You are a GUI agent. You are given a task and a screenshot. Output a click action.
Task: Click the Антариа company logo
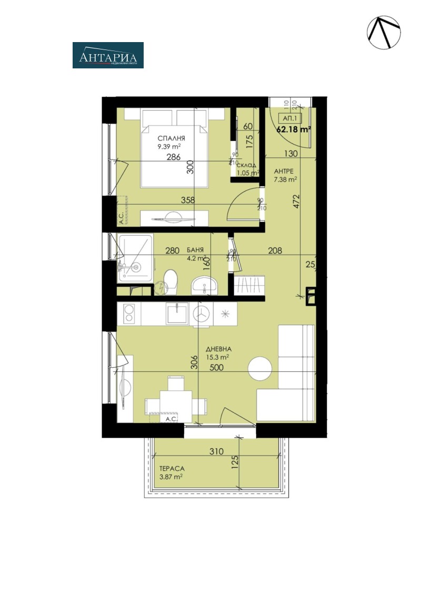point(108,55)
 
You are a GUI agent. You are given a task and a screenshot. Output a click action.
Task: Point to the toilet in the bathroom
point(170,281)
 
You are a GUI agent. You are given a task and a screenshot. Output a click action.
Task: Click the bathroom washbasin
point(204,285)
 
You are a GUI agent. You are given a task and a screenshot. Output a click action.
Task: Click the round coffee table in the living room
point(259,368)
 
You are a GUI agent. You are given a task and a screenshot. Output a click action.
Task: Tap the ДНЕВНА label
point(219,349)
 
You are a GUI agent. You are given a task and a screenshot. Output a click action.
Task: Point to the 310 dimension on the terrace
point(216,451)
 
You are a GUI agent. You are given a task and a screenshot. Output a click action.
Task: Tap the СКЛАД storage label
point(247,165)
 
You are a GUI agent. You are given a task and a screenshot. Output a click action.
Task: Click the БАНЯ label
point(195,250)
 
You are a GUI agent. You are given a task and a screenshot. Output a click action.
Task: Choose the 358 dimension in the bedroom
point(188,200)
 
